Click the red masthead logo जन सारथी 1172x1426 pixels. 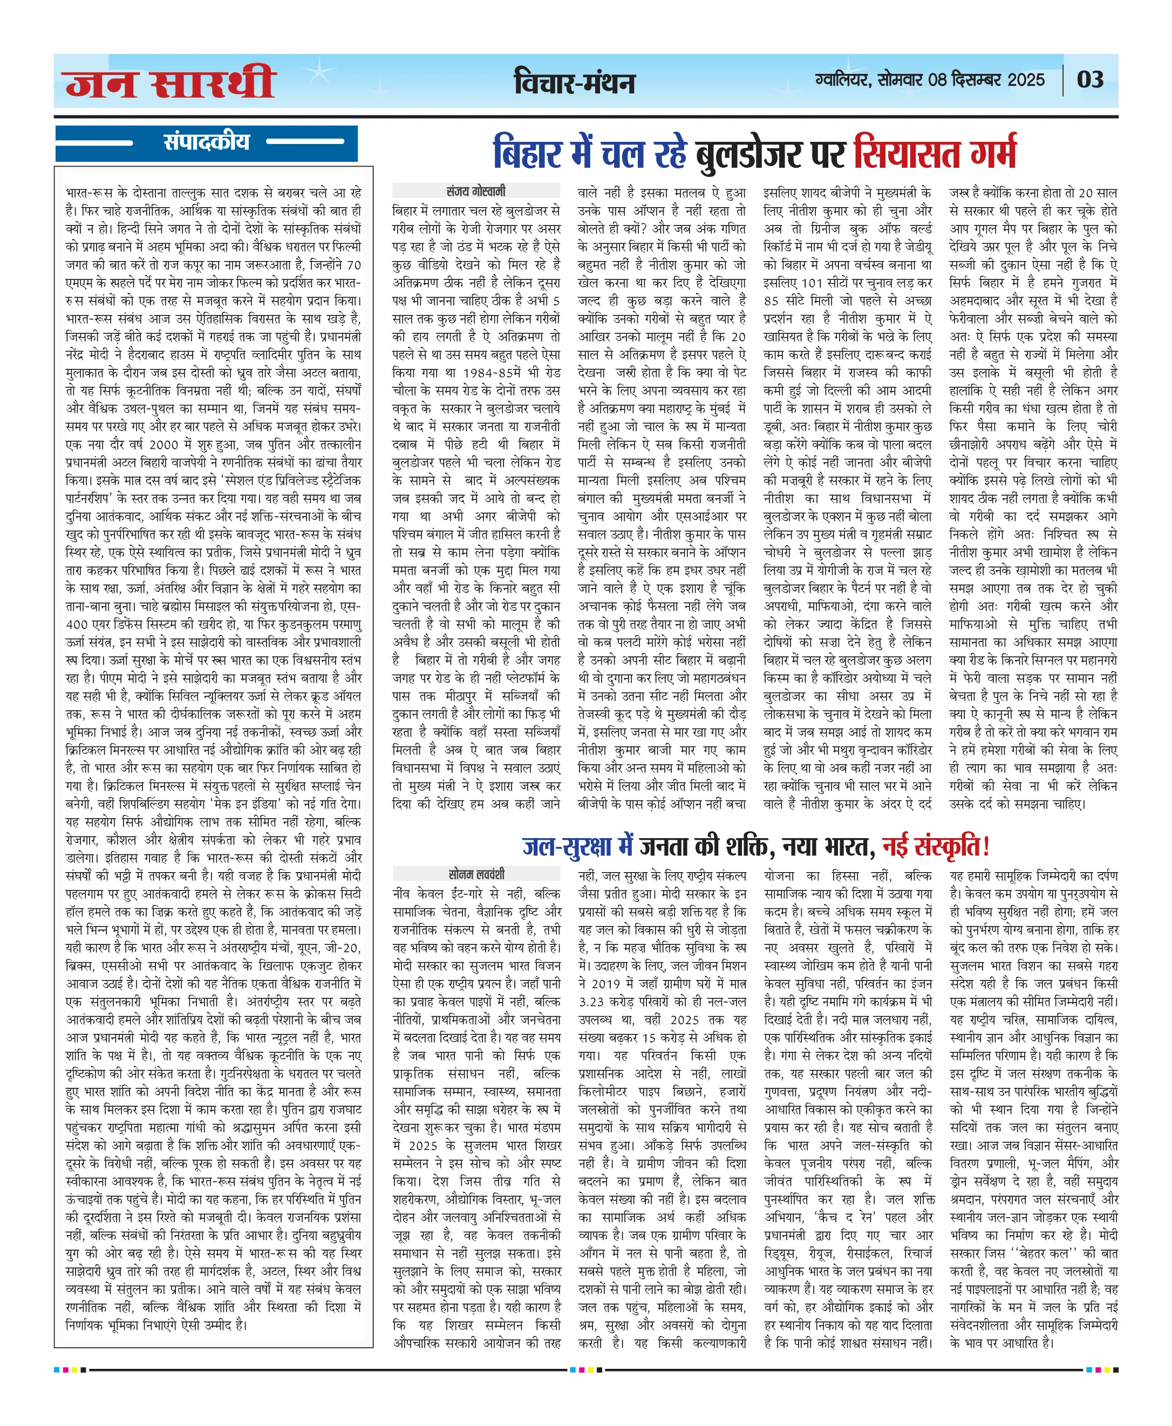[x=170, y=83]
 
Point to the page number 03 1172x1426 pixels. [x=1091, y=80]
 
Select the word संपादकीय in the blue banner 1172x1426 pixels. [x=206, y=142]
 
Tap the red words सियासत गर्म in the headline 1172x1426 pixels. [x=935, y=153]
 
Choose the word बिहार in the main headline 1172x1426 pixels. [x=527, y=153]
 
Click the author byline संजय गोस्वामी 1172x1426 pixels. [x=475, y=191]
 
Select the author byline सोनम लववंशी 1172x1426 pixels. [x=476, y=874]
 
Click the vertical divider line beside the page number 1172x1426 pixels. [x=1064, y=80]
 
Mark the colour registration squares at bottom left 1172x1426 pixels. [x=70, y=1369]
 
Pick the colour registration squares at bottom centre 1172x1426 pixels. [x=586, y=1369]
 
